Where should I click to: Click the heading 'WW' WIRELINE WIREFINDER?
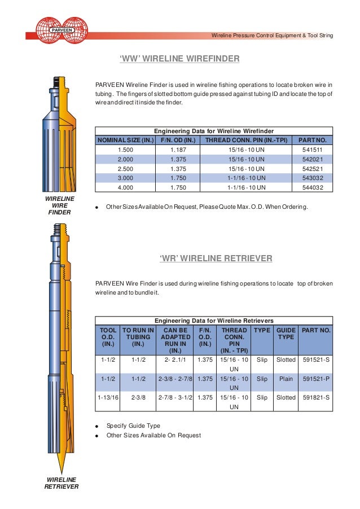[x=180, y=59]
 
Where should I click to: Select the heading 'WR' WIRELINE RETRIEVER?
[x=216, y=258]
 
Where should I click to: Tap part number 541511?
[x=309, y=150]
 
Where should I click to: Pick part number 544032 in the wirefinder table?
[x=309, y=188]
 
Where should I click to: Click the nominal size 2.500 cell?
[x=126, y=169]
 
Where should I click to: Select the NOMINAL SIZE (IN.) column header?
[x=126, y=140]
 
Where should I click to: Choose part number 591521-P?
[x=317, y=379]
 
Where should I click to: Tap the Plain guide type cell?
[x=286, y=379]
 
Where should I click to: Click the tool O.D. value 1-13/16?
[x=107, y=398]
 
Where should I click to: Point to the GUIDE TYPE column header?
[x=286, y=333]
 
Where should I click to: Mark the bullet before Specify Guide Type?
[x=98, y=426]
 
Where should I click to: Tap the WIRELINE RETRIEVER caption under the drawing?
[x=61, y=483]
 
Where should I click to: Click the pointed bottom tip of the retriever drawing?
[x=60, y=470]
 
